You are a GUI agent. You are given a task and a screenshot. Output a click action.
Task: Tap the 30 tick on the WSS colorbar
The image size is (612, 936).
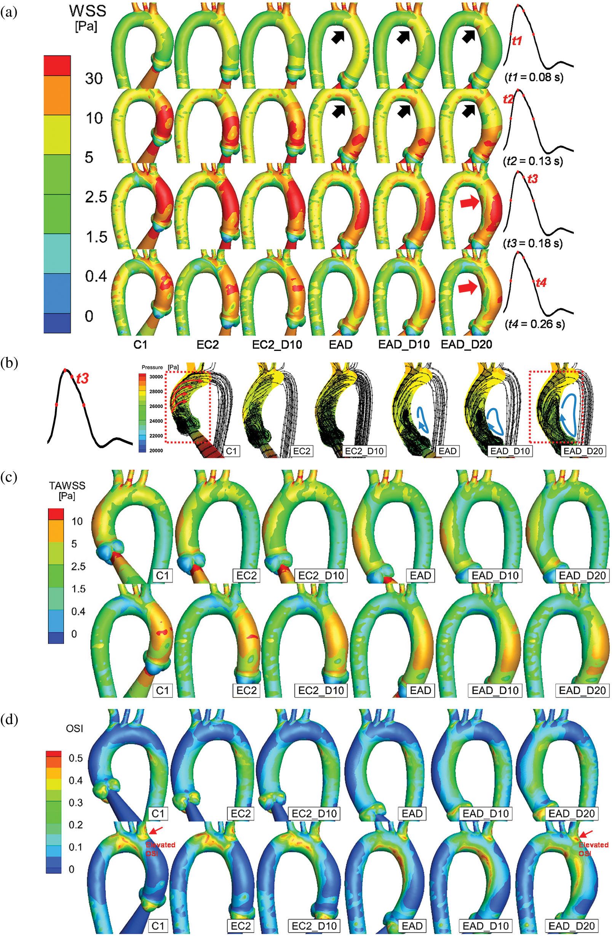94,79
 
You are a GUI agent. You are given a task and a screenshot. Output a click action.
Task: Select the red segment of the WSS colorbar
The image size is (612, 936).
57,65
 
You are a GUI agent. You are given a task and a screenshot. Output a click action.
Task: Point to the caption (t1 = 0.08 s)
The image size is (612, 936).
533,77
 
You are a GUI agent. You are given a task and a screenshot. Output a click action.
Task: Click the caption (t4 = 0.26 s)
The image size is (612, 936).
534,324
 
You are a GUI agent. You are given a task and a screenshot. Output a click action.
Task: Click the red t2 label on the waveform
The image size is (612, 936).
508,99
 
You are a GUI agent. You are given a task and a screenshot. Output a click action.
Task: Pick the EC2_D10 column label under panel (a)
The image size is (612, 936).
277,345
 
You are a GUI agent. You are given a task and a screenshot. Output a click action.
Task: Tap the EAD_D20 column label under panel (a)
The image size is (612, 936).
467,345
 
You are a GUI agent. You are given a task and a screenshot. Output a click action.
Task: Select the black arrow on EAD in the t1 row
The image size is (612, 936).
338,37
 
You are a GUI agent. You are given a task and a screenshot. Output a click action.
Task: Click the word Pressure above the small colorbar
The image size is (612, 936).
152,367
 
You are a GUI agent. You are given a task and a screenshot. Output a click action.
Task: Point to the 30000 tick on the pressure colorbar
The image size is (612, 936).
156,377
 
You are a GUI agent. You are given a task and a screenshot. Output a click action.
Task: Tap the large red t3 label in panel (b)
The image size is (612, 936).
82,379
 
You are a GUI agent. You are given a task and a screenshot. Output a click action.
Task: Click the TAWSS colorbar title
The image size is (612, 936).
67,490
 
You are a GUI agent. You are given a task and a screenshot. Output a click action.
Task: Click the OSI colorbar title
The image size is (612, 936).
74,729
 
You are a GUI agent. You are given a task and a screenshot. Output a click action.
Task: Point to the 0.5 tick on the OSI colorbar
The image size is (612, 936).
75,758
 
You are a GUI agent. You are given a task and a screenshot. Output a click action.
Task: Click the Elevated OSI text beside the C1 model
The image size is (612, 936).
160,848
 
